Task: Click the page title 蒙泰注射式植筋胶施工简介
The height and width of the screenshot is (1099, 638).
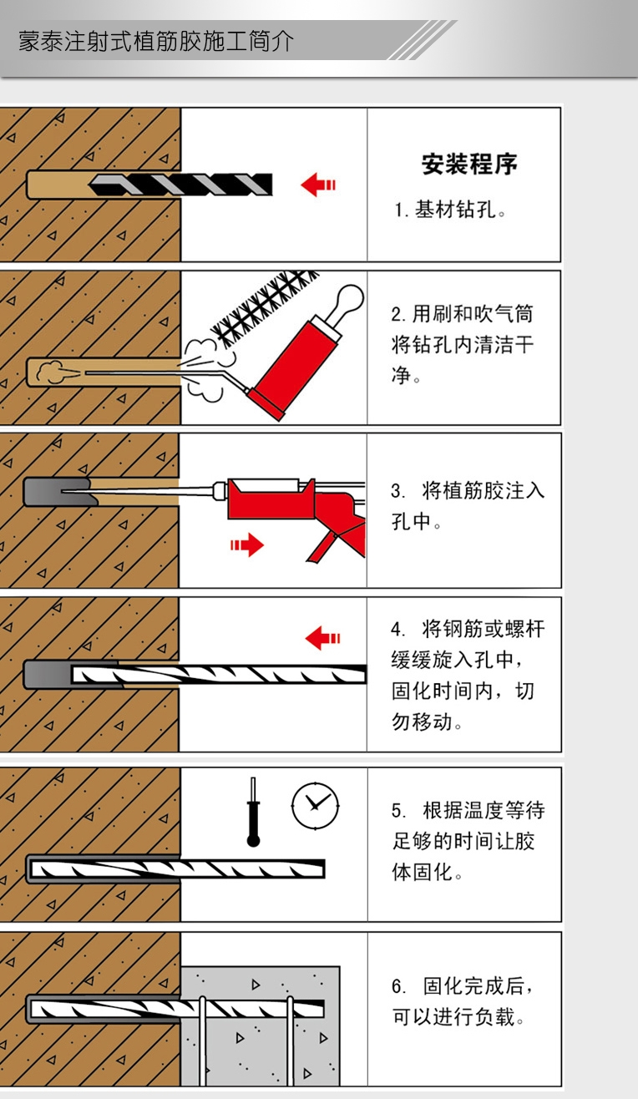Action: [x=156, y=41]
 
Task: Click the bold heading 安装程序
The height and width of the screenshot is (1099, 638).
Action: [x=469, y=165]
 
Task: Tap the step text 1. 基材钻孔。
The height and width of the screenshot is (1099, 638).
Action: [x=449, y=210]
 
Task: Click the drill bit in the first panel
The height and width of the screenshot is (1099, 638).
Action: [x=180, y=185]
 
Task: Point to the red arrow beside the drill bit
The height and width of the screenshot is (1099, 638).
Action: [x=318, y=185]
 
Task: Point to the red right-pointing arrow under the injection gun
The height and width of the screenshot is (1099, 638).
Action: [x=247, y=544]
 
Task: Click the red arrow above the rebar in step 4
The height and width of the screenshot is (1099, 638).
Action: [x=322, y=638]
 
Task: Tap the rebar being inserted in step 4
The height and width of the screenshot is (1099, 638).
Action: [x=219, y=674]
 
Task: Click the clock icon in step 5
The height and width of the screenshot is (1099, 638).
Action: [x=315, y=807]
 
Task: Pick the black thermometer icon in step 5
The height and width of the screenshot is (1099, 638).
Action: [x=253, y=812]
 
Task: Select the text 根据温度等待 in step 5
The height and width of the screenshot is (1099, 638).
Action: [x=484, y=810]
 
